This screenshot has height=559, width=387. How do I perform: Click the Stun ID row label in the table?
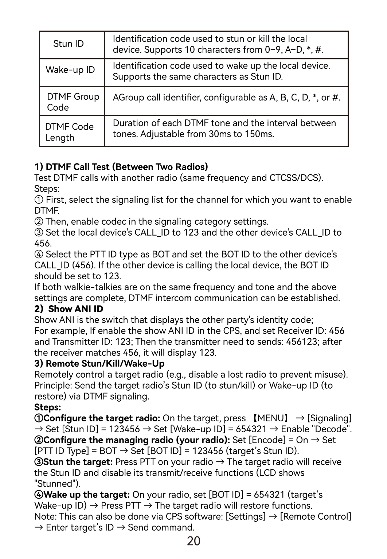[x=69, y=44]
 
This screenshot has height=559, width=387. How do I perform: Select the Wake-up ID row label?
[x=70, y=70]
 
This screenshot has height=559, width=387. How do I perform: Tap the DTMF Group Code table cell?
[x=73, y=102]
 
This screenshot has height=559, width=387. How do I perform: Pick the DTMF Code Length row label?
[x=69, y=132]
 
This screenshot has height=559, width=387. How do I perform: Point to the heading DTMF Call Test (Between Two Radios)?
[x=121, y=167]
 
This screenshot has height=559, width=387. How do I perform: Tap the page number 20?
[x=193, y=542]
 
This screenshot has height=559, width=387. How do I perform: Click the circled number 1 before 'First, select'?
[x=39, y=200]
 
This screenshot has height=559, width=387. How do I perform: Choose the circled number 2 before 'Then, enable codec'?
[x=39, y=222]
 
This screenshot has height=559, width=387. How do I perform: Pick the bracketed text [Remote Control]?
[x=316, y=517]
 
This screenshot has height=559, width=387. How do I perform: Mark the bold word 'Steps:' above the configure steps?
[x=47, y=408]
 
